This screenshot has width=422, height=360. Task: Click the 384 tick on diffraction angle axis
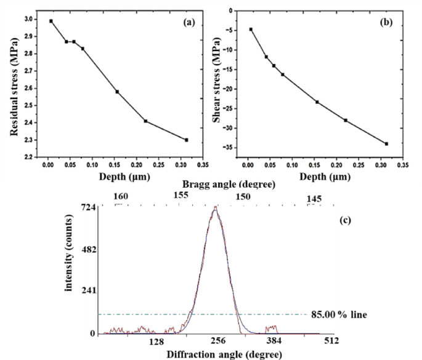(x=274, y=342)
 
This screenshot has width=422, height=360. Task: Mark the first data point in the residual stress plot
(x=51, y=21)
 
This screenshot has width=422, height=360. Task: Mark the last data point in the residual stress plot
(x=187, y=140)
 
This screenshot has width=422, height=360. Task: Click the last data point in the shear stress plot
(x=386, y=144)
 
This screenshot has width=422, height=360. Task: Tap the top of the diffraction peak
(x=215, y=208)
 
